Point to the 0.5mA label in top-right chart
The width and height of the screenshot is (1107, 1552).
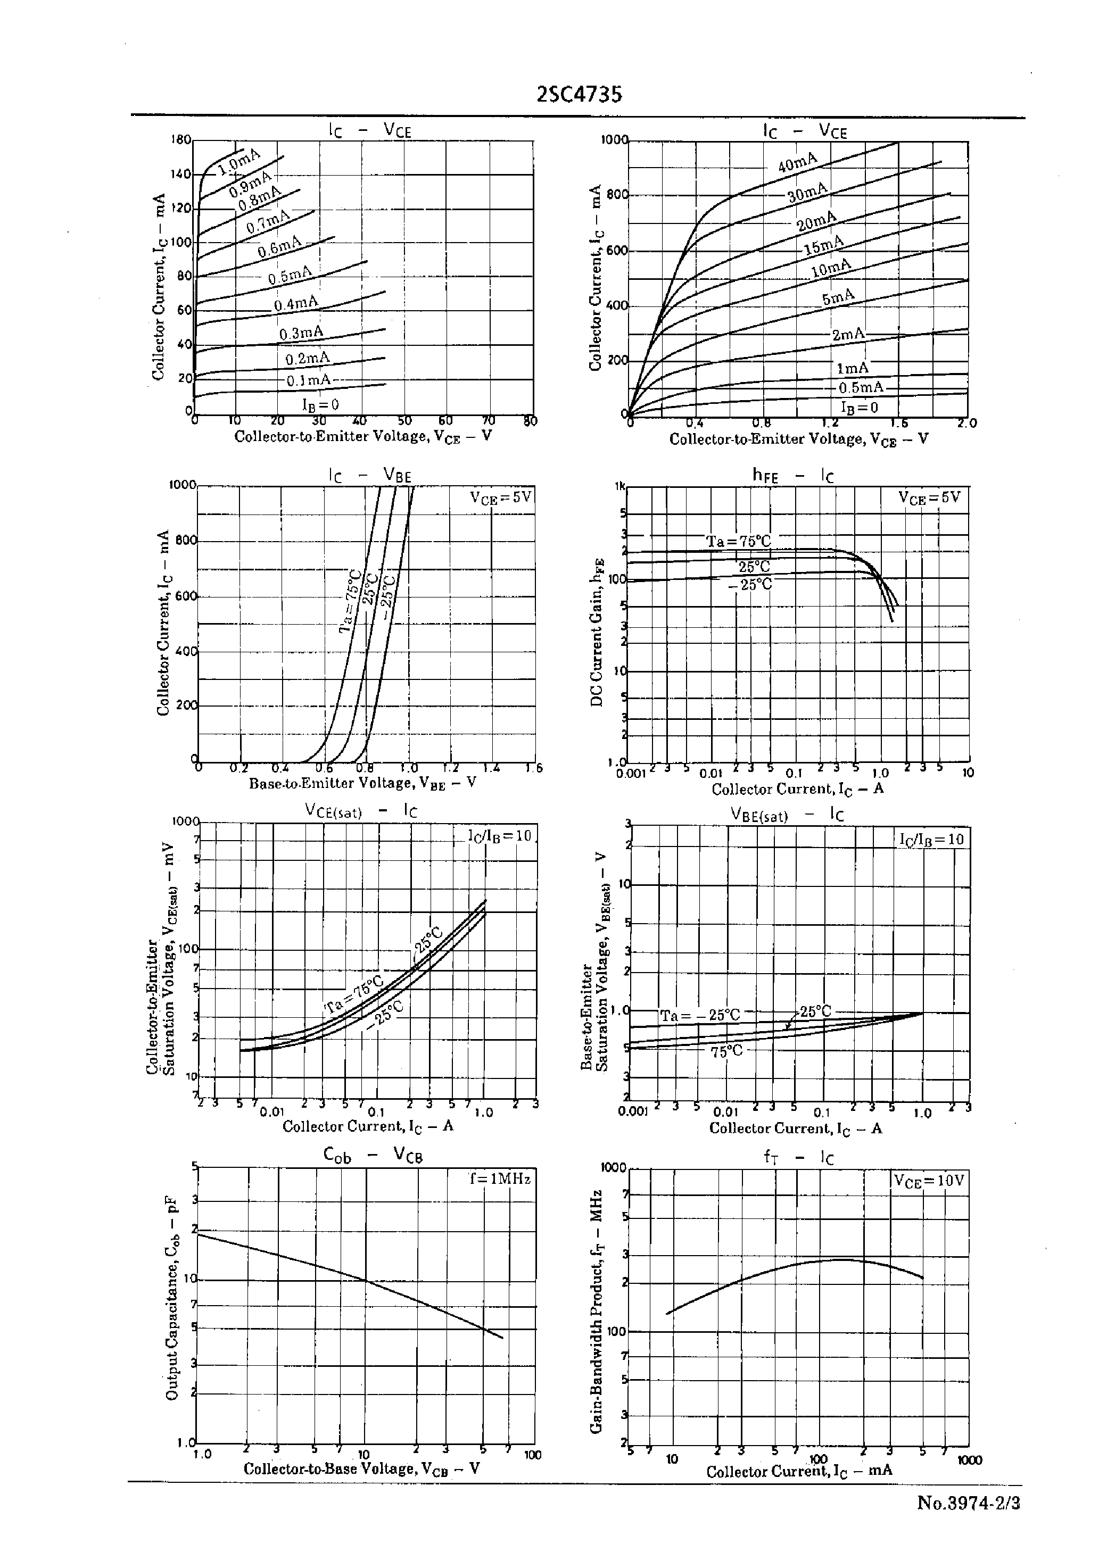tap(860, 388)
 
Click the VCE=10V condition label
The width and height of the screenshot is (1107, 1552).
tap(929, 1181)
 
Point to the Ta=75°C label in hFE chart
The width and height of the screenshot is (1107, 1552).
tap(738, 542)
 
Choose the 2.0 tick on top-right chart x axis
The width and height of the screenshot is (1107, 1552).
tap(966, 423)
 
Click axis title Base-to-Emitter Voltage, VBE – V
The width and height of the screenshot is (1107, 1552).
tap(362, 784)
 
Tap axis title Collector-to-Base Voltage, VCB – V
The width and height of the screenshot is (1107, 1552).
tap(361, 1468)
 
